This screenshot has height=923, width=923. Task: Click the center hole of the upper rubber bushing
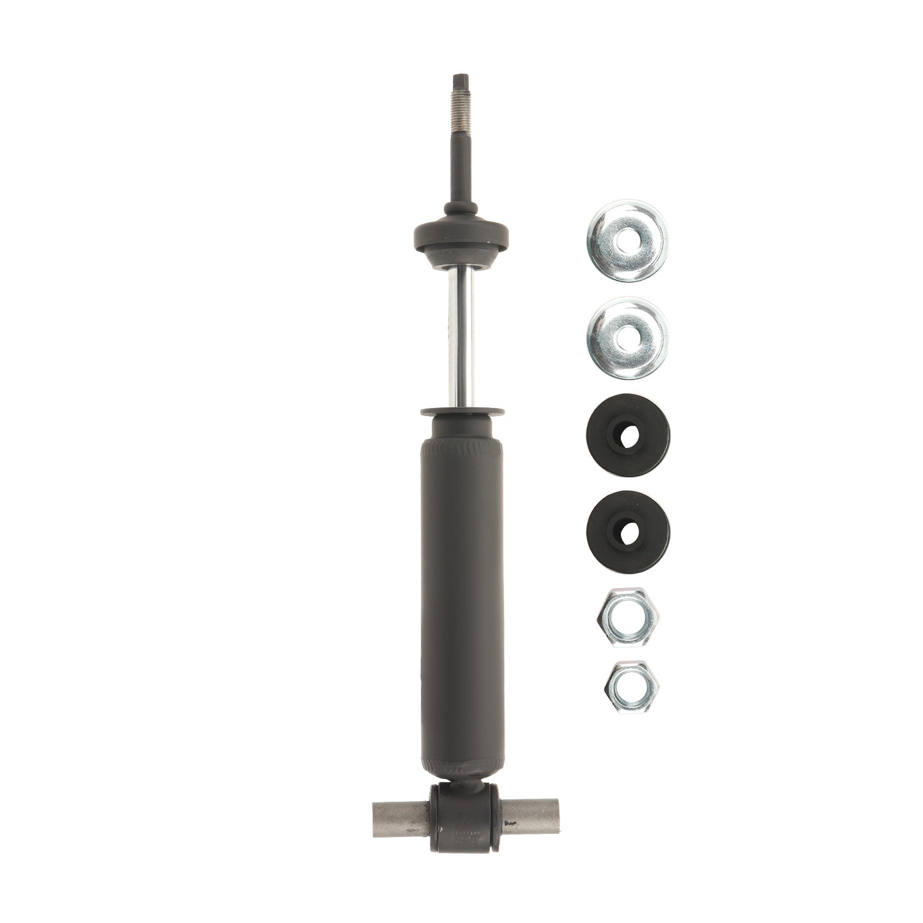[628, 436]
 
